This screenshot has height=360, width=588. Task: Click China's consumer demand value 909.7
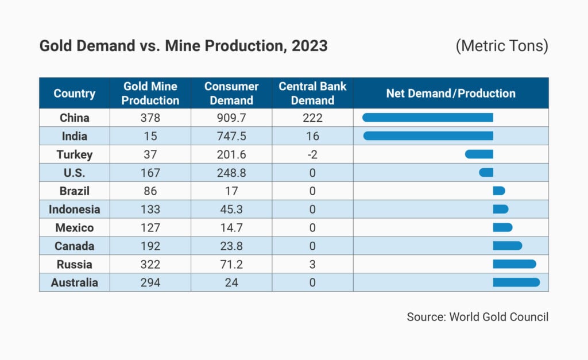231,118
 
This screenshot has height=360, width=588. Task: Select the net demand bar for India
428,136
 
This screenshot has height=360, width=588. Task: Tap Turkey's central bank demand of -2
312,154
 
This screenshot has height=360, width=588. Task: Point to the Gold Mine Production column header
151,93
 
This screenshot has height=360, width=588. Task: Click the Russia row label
74,265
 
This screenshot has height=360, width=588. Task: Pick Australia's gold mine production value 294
151,282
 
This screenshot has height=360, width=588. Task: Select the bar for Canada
507,246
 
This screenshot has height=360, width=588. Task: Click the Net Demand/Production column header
451,93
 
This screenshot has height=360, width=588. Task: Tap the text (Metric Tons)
502,47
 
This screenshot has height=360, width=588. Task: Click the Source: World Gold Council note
477,316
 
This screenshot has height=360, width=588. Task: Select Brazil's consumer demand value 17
231,191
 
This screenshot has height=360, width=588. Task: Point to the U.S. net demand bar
486,172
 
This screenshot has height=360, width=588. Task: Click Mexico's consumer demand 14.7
231,228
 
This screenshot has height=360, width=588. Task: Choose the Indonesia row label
74,210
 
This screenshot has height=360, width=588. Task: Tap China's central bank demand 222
312,118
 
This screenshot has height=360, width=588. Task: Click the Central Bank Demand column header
312,93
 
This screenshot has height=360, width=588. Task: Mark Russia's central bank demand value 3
312,265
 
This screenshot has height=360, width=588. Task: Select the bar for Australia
516,282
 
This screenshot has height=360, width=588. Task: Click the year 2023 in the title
310,46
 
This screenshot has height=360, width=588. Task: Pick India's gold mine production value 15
151,136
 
